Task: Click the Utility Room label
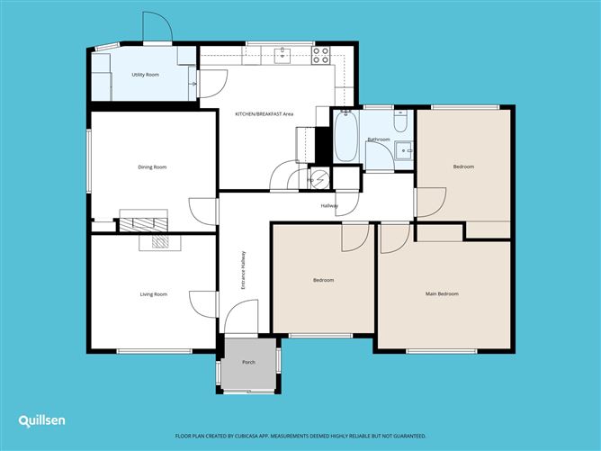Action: [145, 75]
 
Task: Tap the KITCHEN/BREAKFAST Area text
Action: [265, 114]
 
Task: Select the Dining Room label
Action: [152, 167]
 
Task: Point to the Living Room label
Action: [153, 294]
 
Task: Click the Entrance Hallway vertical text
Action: [242, 269]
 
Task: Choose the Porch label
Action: [249, 363]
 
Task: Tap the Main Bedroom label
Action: [442, 294]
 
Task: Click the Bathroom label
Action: [379, 140]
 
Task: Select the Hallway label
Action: [329, 206]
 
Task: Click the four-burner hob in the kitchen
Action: [321, 55]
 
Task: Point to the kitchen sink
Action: [283, 55]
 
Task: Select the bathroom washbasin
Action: [404, 149]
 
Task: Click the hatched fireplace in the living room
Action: [159, 241]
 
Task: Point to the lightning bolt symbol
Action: [320, 179]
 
